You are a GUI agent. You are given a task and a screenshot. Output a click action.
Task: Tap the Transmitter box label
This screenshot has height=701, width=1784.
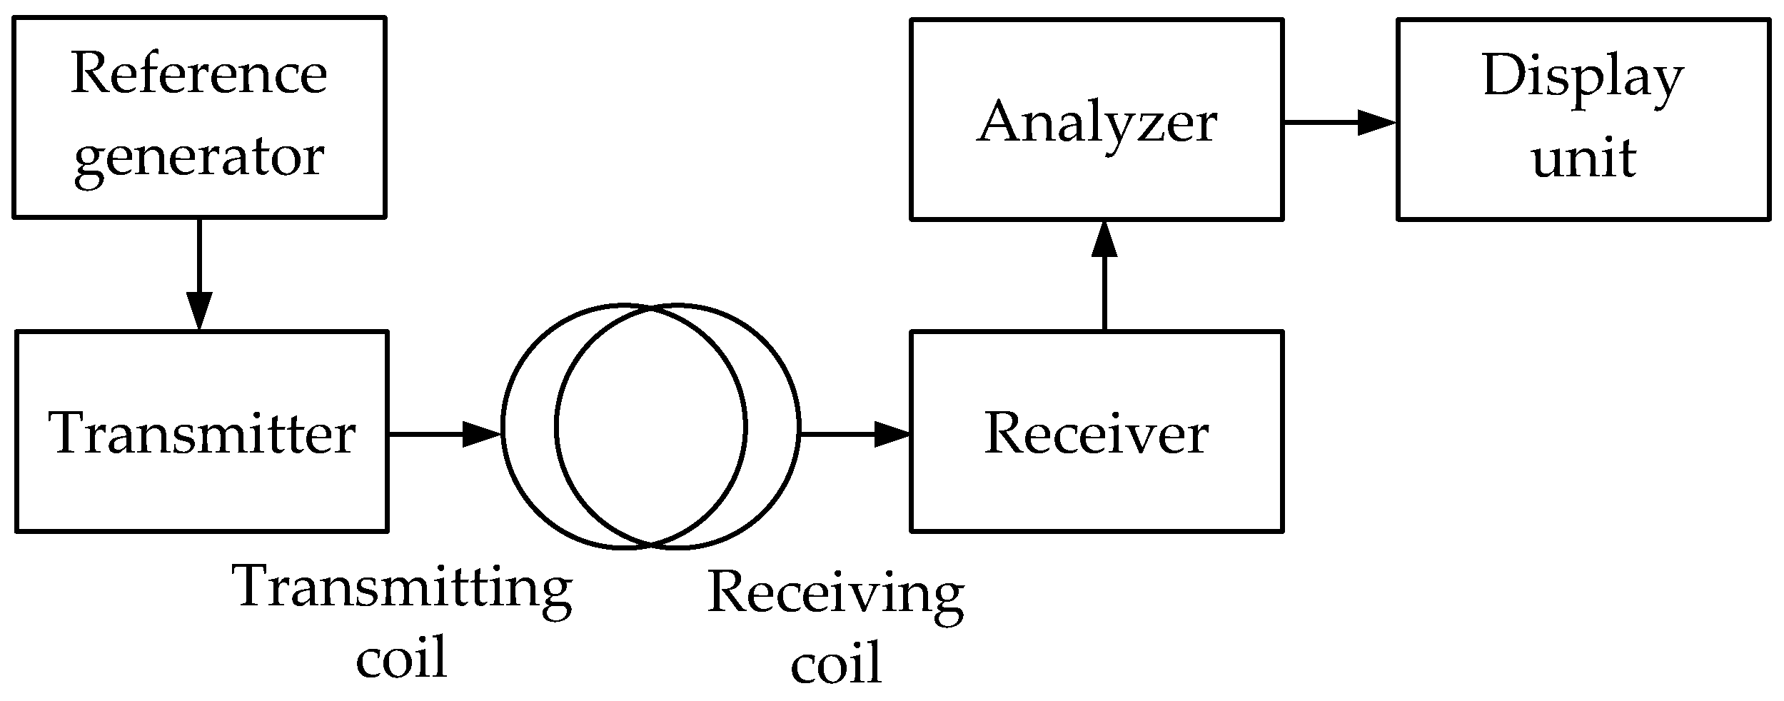[202, 434]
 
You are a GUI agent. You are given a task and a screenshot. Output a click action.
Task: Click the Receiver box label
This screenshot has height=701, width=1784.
[1096, 434]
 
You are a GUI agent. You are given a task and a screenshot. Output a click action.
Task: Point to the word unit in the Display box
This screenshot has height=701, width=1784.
[1583, 158]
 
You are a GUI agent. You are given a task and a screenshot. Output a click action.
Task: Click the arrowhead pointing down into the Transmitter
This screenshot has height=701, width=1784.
[199, 311]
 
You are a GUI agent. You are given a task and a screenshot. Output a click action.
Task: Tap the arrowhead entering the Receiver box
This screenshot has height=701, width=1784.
[892, 434]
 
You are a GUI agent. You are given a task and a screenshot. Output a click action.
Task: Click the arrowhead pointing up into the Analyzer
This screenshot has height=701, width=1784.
[1104, 238]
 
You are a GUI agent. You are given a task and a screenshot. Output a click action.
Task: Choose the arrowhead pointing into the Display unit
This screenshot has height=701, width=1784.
[1376, 122]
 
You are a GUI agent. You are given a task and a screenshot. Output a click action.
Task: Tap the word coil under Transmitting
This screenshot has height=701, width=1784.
[401, 657]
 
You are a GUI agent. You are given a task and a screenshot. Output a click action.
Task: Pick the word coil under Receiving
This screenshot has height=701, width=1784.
[836, 664]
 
